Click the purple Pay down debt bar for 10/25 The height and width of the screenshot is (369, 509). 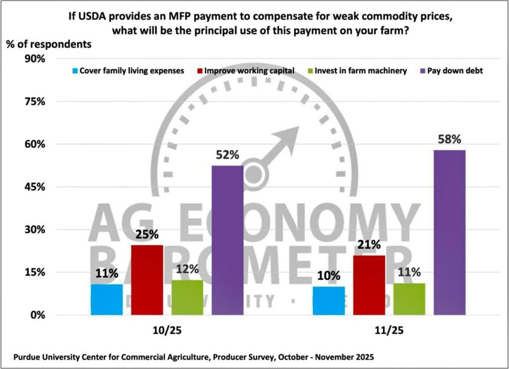tap(227, 240)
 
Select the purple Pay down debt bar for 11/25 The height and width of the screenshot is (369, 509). tap(449, 232)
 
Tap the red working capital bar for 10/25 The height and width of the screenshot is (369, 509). tap(147, 280)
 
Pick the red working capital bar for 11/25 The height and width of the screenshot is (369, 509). tap(369, 285)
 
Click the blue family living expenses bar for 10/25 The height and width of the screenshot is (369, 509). tap(107, 299)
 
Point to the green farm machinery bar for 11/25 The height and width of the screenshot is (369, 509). tap(409, 299)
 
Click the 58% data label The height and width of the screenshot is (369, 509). tap(450, 140)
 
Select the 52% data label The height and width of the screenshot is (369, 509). tap(227, 155)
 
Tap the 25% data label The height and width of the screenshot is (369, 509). tap(147, 234)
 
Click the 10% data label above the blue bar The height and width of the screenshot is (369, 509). tap(329, 276)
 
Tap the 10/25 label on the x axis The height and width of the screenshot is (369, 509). tap(167, 332)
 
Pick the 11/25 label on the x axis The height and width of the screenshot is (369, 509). tap(389, 332)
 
